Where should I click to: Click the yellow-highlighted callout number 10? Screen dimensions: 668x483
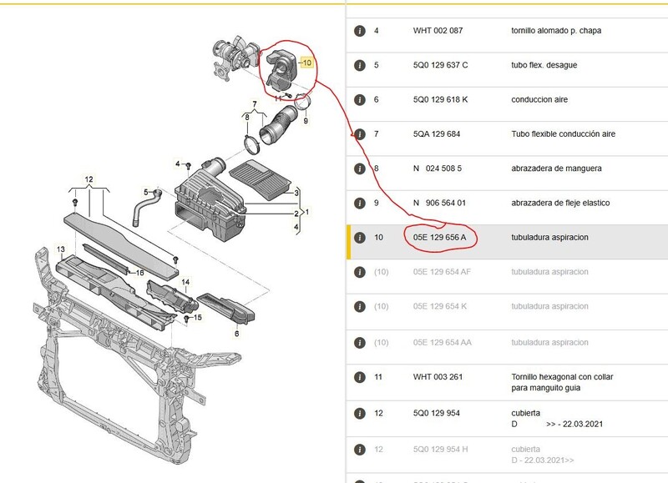[306, 63]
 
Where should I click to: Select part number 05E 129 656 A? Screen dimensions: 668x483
[440, 238]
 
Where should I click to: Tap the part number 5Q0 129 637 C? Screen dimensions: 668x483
[440, 65]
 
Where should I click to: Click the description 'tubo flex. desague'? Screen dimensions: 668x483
[544, 65]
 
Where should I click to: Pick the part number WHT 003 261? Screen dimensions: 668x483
[438, 376]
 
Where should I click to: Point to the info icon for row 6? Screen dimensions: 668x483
[360, 99]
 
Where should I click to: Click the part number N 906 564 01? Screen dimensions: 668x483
[439, 203]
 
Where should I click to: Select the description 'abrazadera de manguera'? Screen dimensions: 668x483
[556, 169]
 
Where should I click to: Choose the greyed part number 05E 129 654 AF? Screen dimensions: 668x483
[442, 272]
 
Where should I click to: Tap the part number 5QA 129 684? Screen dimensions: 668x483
[436, 134]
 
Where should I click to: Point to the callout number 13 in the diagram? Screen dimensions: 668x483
[61, 249]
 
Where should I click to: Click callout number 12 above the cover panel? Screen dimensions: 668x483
[89, 179]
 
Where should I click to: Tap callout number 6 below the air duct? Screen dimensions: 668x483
[237, 334]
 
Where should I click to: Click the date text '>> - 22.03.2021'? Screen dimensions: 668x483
[574, 424]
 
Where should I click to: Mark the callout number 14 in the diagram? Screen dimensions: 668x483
[185, 282]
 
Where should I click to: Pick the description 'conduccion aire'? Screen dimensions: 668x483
[539, 99]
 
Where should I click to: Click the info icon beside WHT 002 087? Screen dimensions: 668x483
[360, 31]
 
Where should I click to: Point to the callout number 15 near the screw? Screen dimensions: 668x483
[198, 318]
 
